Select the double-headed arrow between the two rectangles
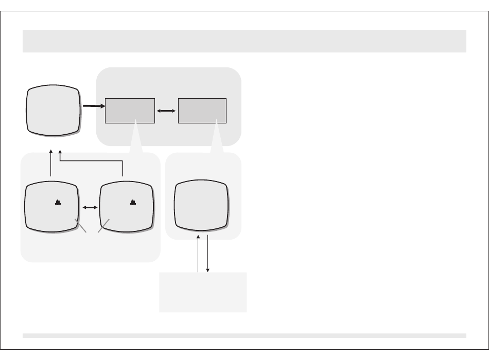coord(166,110)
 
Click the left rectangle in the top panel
coord(130,110)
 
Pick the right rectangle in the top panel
coord(202,110)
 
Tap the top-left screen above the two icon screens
coord(54,111)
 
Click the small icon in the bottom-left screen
coord(58,203)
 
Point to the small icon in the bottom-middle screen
coord(133,203)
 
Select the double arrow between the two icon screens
coord(90,207)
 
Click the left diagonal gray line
coord(80,225)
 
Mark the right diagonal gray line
coord(103,225)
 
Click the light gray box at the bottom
coord(203,292)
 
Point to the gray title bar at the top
coord(244,41)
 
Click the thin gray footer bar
coord(244,335)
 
